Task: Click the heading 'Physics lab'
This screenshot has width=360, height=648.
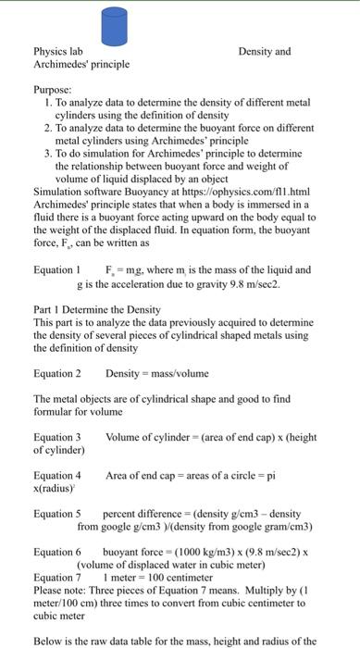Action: (57, 52)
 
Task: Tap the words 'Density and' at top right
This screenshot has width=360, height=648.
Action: (264, 52)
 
